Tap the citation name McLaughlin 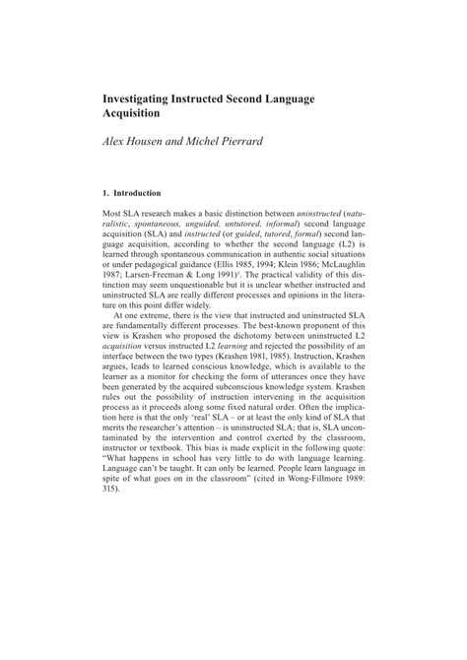[335, 266]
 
